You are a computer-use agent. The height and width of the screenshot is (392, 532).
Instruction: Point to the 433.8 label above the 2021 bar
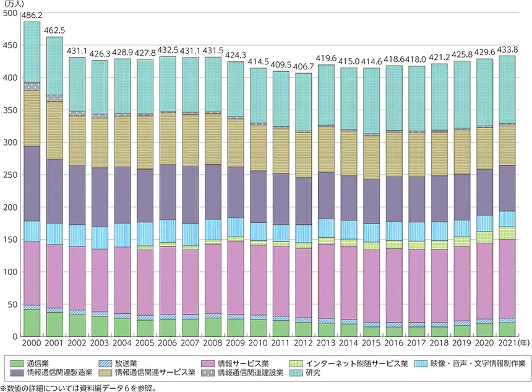tap(507, 50)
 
